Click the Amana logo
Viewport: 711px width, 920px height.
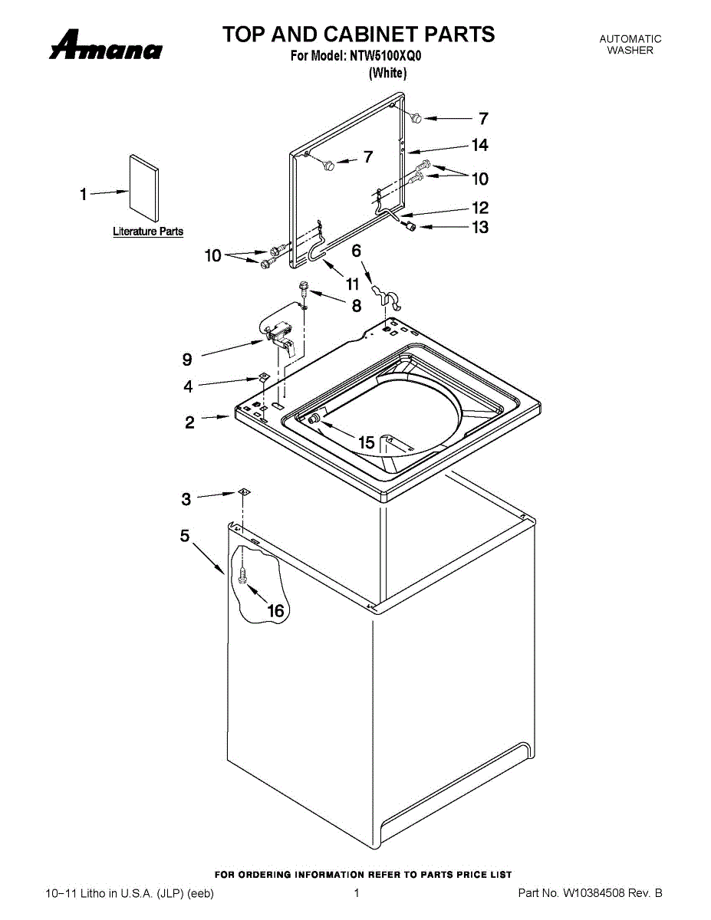click(106, 46)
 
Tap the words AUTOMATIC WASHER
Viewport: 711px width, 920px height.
click(630, 44)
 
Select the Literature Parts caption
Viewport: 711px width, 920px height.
click(148, 232)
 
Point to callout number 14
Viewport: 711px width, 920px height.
click(479, 145)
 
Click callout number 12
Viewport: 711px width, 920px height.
click(479, 208)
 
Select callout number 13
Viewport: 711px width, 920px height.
click(479, 227)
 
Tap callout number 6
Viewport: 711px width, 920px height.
click(356, 250)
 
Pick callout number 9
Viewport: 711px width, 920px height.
click(187, 358)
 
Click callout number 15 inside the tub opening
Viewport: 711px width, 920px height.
click(367, 442)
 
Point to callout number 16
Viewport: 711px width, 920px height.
click(275, 610)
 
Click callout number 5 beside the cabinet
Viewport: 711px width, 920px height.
click(185, 536)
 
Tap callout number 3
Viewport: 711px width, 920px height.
click(186, 499)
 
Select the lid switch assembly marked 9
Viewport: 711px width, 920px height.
click(278, 333)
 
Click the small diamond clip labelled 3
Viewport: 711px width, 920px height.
click(243, 491)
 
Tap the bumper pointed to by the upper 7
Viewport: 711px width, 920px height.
click(416, 117)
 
